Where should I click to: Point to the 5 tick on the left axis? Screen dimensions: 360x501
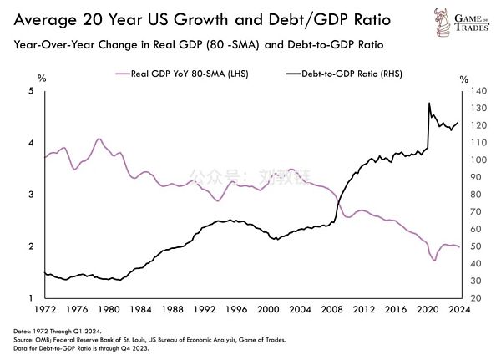pyautogui.click(x=31, y=90)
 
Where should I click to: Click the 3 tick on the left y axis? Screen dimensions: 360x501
pyautogui.click(x=31, y=195)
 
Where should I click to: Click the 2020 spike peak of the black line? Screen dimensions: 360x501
pyautogui.click(x=428, y=104)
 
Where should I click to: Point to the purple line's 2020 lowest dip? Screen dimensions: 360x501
pyautogui.click(x=435, y=261)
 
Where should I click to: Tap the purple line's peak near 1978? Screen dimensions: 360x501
pyautogui.click(x=99, y=139)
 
